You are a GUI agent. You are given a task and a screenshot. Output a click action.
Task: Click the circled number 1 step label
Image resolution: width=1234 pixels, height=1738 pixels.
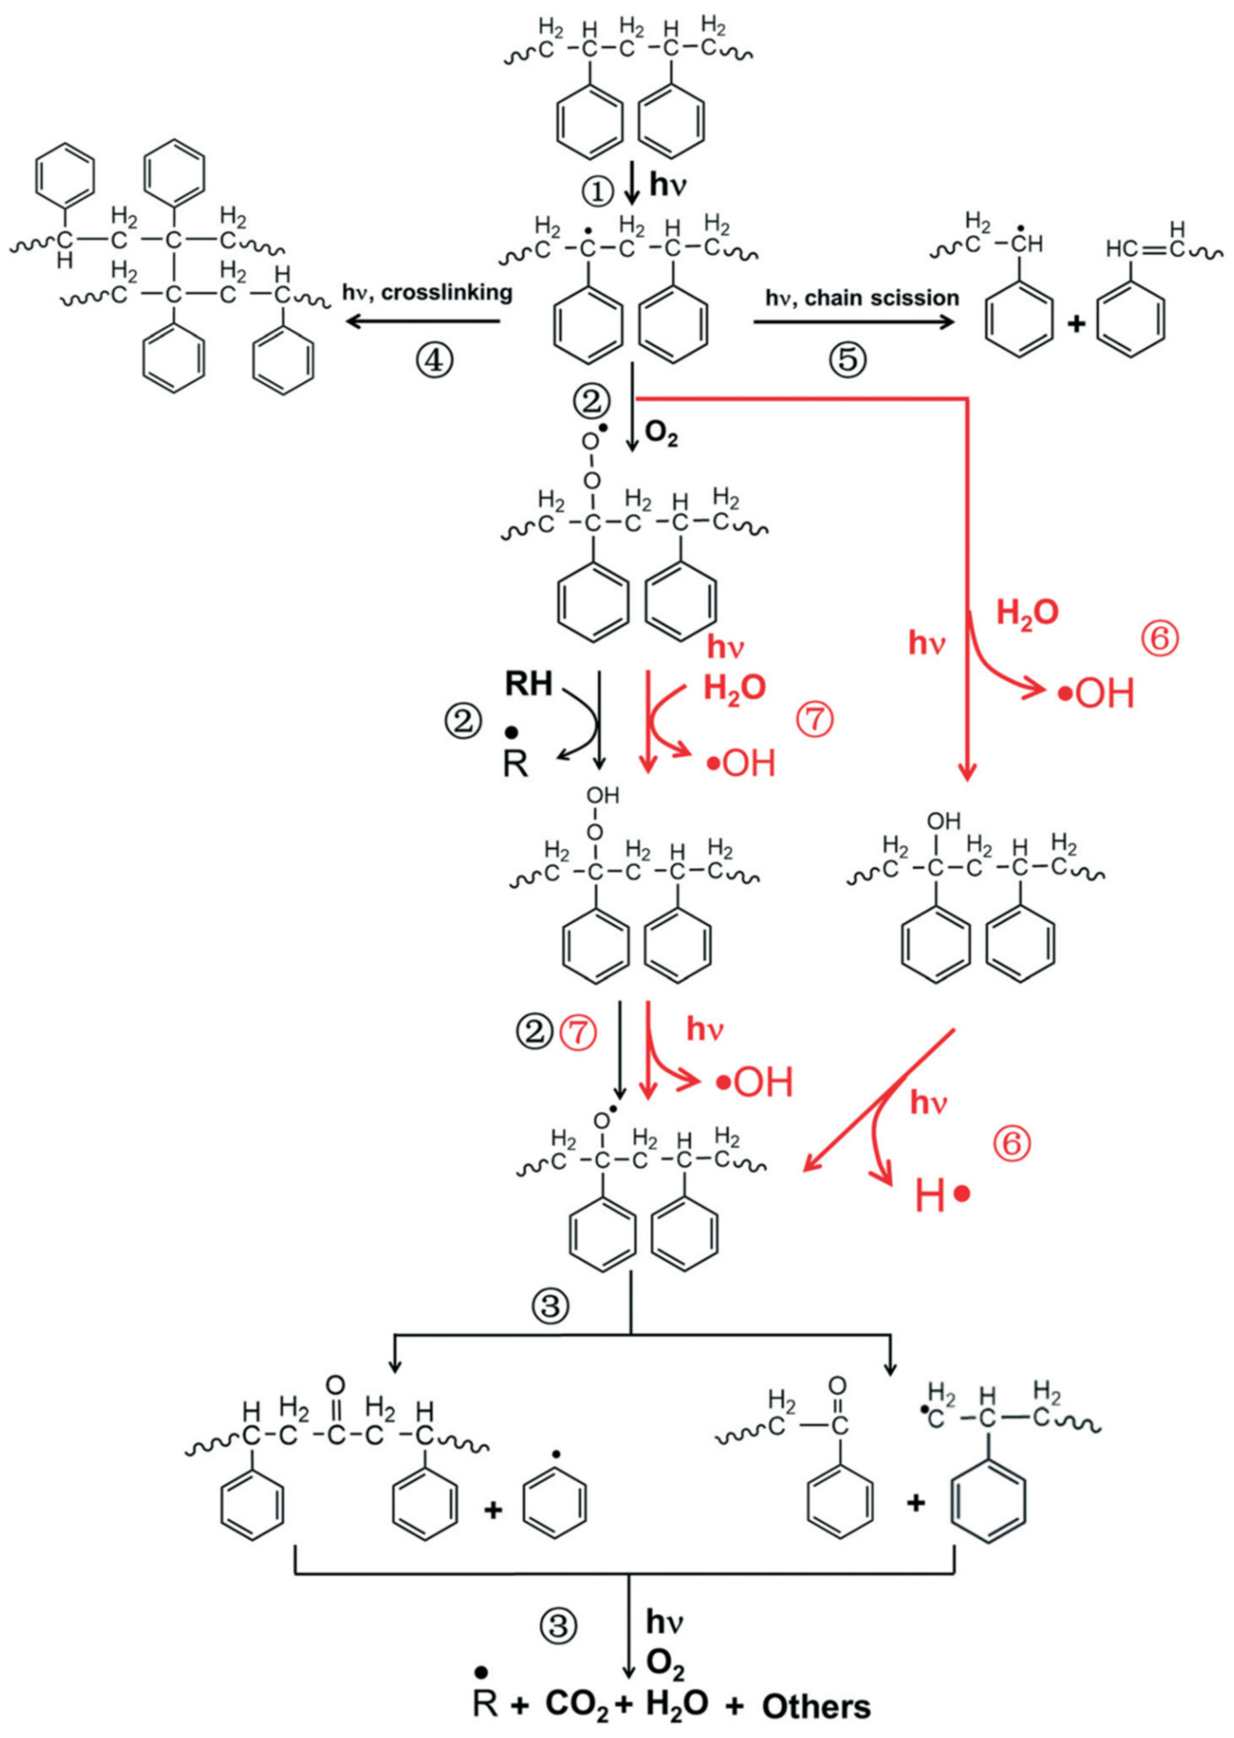598,190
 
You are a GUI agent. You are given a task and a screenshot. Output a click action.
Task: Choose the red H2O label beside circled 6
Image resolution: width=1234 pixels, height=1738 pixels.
1027,613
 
